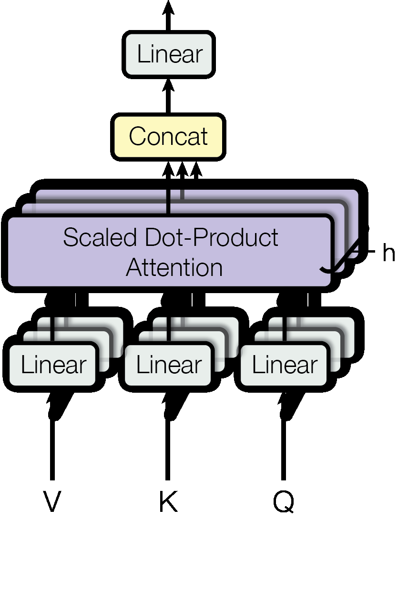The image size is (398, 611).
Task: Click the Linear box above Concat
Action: coord(169,54)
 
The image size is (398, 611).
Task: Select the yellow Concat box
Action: coord(168,137)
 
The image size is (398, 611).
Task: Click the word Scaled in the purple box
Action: coord(91,237)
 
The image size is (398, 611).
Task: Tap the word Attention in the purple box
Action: coord(174,267)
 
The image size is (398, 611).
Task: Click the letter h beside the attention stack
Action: coord(388,253)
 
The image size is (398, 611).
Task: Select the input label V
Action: coord(52,502)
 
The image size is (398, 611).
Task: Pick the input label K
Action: coord(168,502)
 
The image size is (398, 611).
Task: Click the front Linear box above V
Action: coord(53,365)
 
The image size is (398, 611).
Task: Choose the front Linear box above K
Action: coord(169,365)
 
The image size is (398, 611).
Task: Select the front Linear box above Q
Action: coord(285,365)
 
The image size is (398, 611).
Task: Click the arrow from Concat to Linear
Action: coord(168,95)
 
